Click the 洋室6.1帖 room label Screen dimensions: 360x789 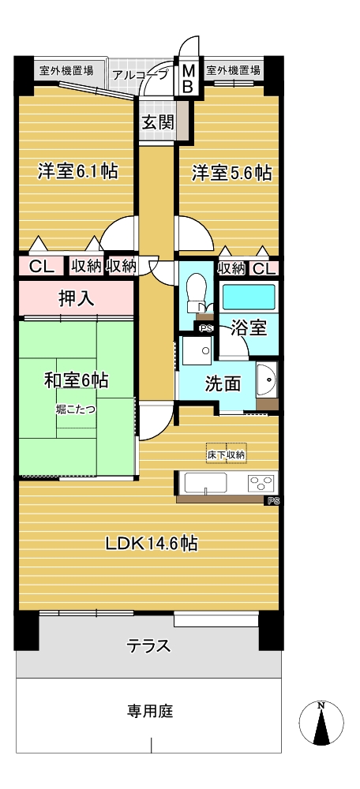(77, 172)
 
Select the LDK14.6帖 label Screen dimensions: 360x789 (151, 543)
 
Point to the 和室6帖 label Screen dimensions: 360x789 (76, 380)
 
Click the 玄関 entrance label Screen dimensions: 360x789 (157, 122)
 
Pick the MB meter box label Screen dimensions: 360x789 (187, 78)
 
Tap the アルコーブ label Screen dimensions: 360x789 (141, 76)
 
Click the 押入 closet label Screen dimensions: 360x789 (77, 298)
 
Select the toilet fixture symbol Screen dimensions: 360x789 (196, 295)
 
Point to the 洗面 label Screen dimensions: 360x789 (223, 384)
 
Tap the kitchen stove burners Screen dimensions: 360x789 (262, 483)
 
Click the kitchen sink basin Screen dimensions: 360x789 (205, 483)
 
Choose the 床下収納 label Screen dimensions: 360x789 (227, 455)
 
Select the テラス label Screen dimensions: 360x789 (148, 645)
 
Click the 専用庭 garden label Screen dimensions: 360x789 (149, 711)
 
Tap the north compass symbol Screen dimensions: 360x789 (321, 723)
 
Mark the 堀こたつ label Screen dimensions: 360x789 (76, 409)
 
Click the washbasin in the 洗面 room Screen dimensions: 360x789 (266, 380)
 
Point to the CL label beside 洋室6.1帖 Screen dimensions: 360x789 (41, 267)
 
